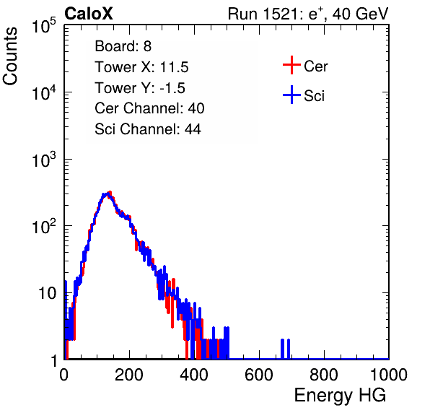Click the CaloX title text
coord(88,14)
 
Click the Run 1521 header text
coord(308,14)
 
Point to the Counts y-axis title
coord(10,56)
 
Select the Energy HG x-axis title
coord(340,395)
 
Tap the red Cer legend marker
coord(291,65)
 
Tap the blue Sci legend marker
coord(291,95)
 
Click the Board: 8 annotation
coord(123,46)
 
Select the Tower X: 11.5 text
coord(141,67)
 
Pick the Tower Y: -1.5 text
coord(140,88)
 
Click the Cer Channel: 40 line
coord(149,108)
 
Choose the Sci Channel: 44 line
coord(148,129)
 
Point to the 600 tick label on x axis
coord(259,375)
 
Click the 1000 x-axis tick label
coord(389,375)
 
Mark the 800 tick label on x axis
coord(324,375)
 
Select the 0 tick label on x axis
coord(64,375)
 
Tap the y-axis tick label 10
coord(48,293)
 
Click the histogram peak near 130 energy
coord(107,194)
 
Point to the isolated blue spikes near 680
coord(285,349)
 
